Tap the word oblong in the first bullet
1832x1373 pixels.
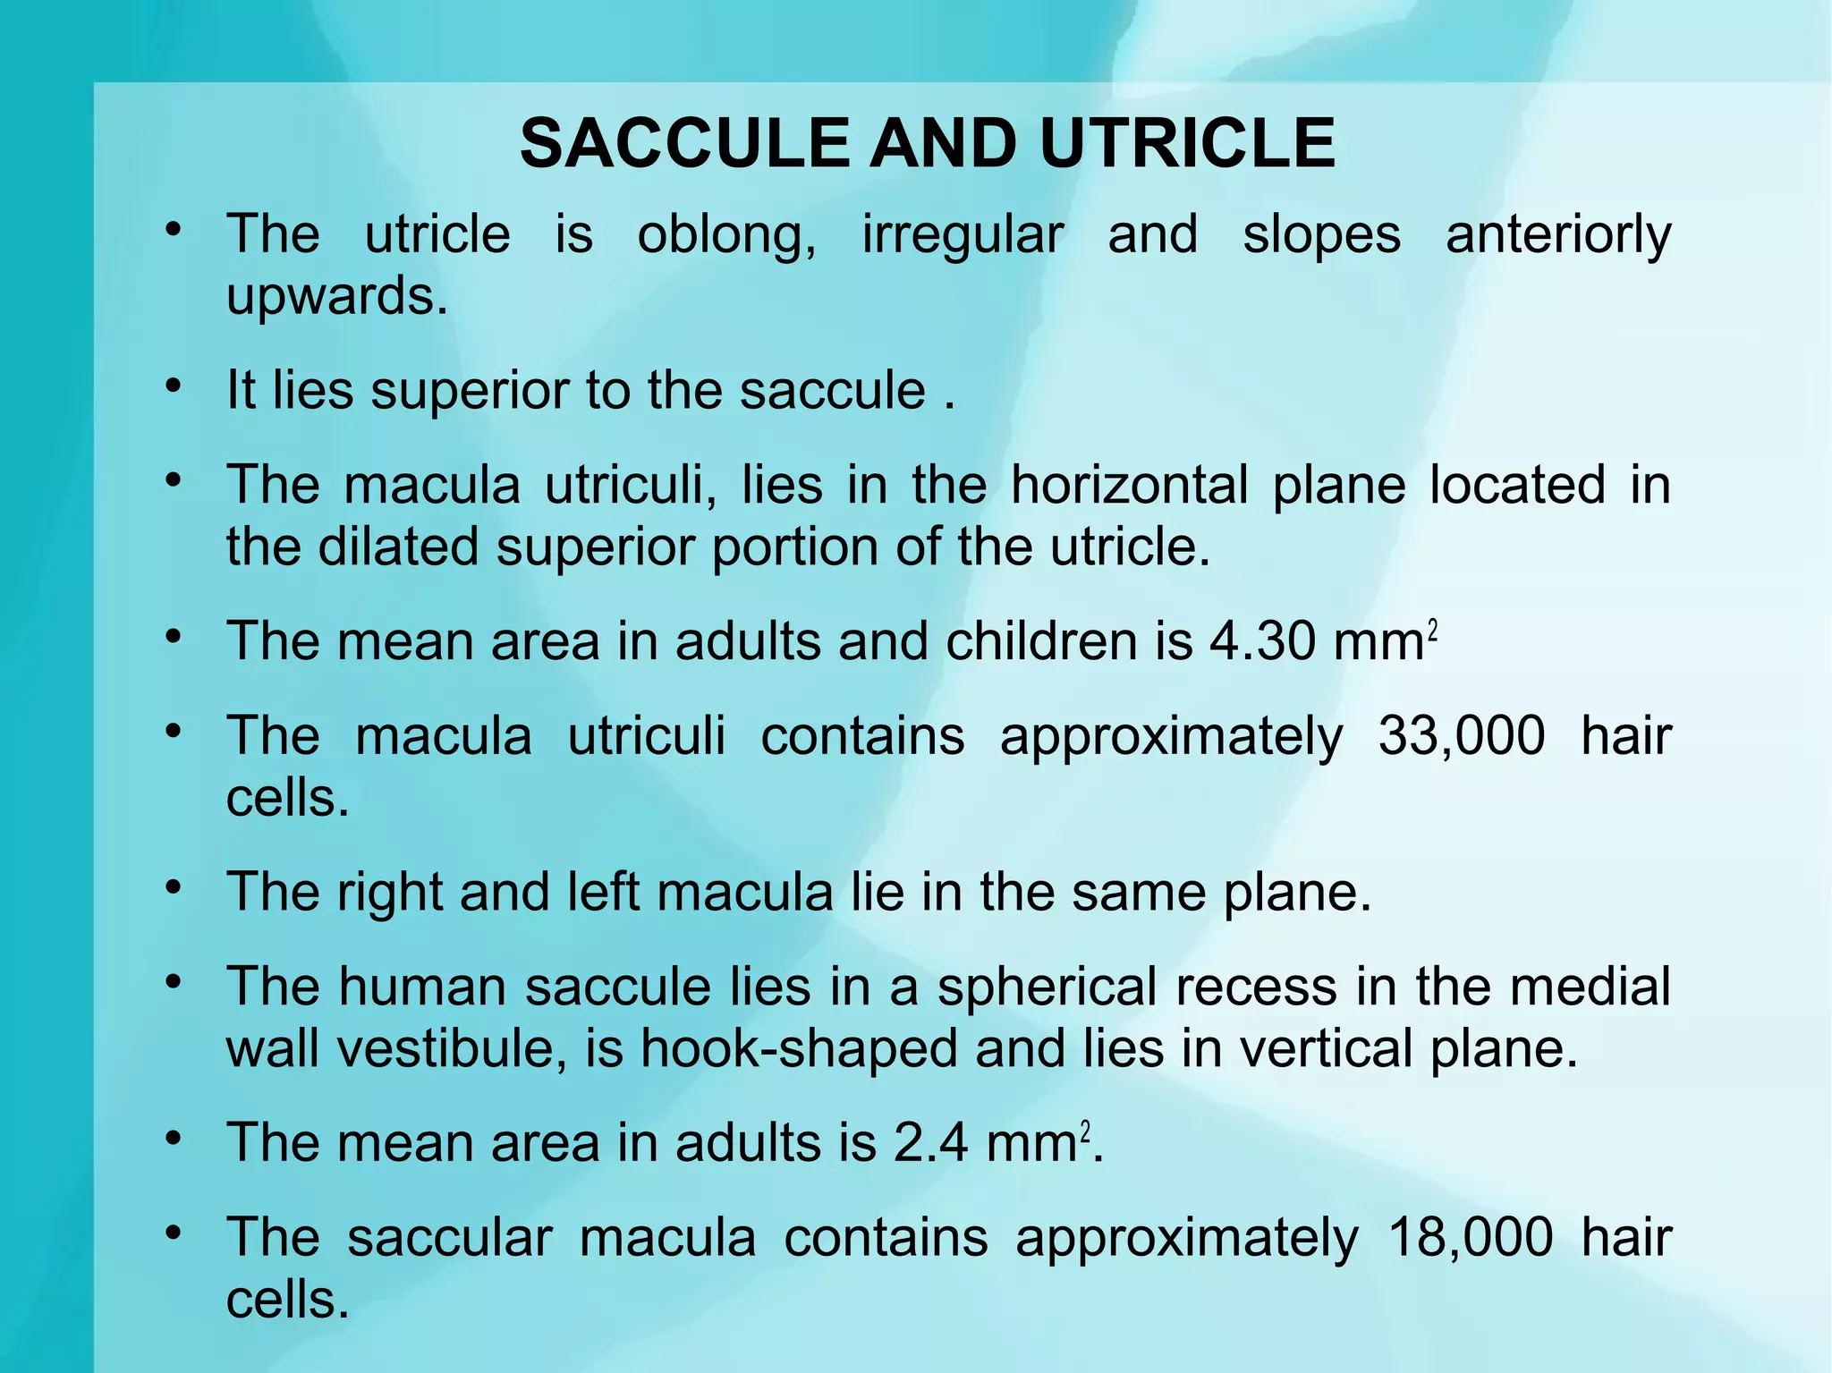tap(726, 236)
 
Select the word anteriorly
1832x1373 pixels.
tap(1558, 236)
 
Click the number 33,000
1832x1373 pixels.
tap(1461, 736)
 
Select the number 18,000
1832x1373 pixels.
tap(1470, 1238)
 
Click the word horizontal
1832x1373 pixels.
tap(1130, 486)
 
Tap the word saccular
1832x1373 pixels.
tap(449, 1238)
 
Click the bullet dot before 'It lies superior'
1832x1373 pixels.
tap(174, 386)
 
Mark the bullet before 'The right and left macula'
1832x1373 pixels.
tap(174, 888)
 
